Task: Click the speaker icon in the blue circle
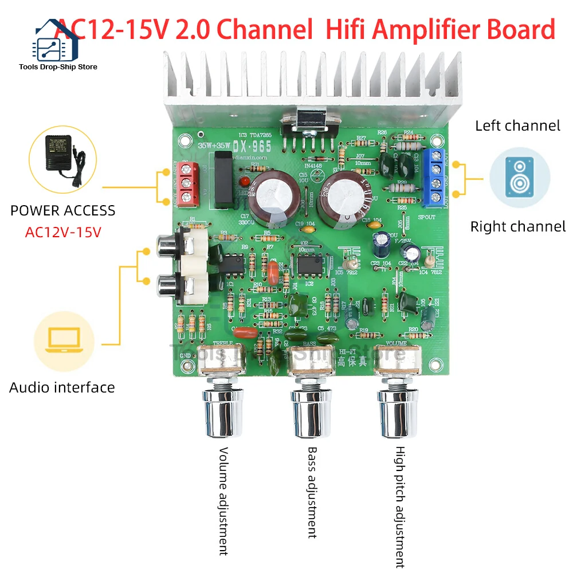pos(520,176)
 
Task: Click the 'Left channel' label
pos(517,125)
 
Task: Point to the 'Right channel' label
pos(517,226)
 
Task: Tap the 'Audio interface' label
pos(62,387)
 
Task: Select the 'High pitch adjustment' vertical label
pos(400,507)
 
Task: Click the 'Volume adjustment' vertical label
pos(223,501)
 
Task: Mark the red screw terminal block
pos(186,183)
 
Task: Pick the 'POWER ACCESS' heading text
pos(62,210)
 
